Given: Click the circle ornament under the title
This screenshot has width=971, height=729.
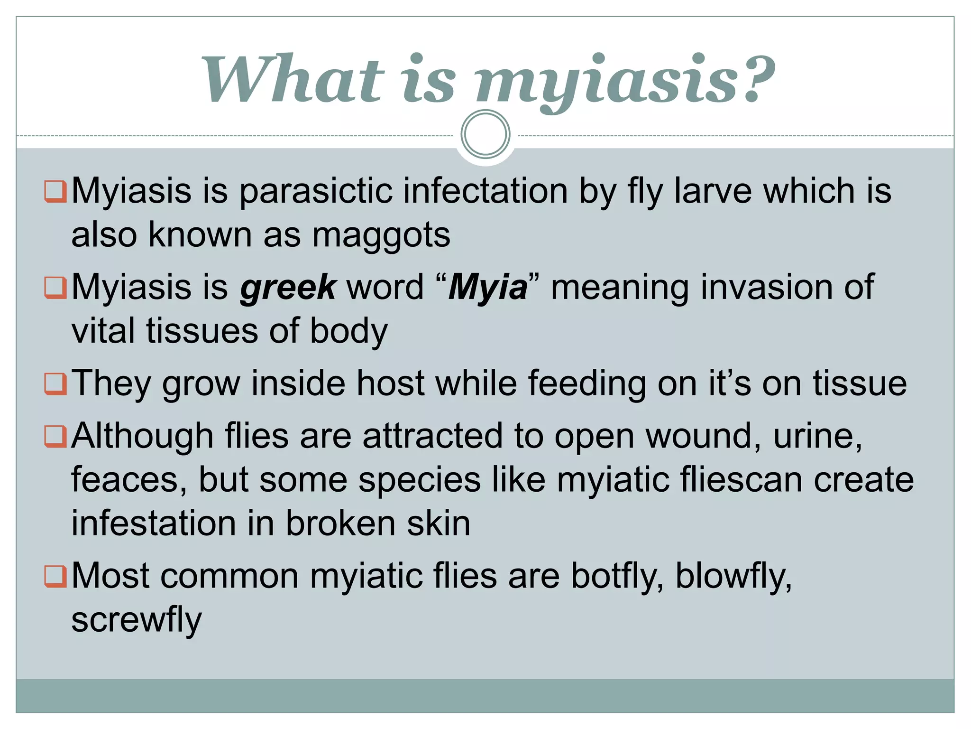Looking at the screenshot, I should (x=485, y=134).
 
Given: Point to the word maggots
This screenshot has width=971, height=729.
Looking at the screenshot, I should (x=381, y=235).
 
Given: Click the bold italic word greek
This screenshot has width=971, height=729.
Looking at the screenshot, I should (x=288, y=288).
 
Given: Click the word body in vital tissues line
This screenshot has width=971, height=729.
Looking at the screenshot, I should (x=348, y=331).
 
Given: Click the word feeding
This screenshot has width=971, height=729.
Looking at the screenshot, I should (x=587, y=383).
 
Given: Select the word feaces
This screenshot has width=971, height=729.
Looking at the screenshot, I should (x=128, y=480).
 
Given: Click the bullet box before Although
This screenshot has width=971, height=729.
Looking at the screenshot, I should (x=55, y=436).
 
